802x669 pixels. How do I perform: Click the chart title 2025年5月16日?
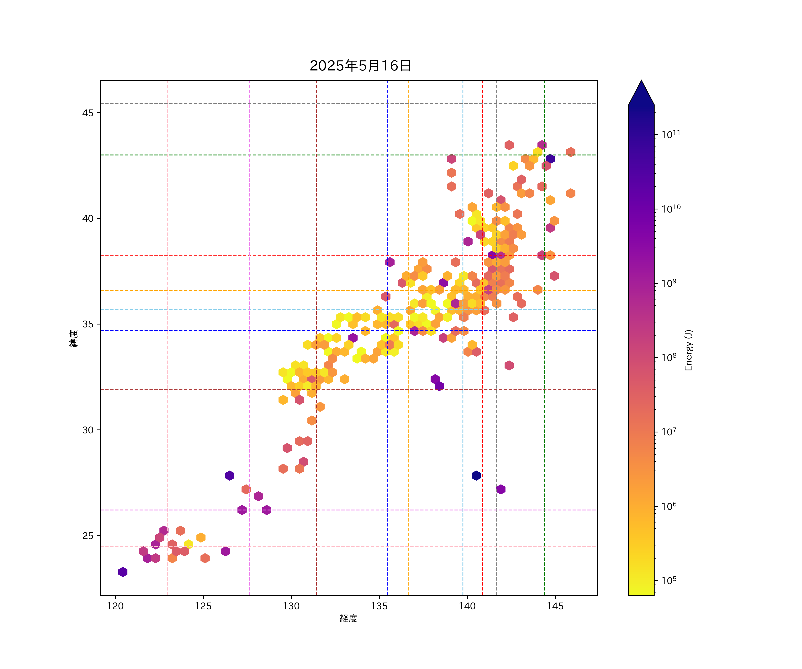360,66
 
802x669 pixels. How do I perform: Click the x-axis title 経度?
348,618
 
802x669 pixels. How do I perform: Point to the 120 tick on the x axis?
115,606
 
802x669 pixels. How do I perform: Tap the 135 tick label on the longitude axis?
379,606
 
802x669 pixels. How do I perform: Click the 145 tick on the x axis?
555,606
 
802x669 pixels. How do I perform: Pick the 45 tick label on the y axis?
88,113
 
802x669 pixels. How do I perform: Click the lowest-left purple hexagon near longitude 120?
123,572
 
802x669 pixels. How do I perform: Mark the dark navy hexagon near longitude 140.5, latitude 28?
476,476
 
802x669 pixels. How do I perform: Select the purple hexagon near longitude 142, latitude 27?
501,489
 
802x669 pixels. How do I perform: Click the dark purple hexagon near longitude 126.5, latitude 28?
229,476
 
